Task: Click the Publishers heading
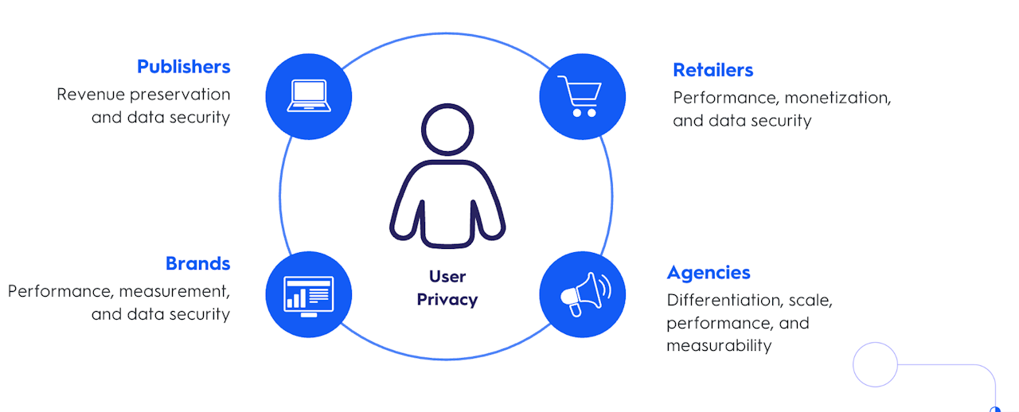pos(183,66)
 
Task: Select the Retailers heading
pos(713,70)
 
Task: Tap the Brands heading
pos(197,263)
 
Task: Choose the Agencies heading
pos(708,273)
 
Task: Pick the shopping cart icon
pos(581,96)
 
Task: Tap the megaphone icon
pos(581,294)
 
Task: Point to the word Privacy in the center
pos(447,300)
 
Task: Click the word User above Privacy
pos(447,276)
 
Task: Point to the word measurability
pos(719,346)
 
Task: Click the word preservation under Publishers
pos(180,95)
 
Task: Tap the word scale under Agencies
pos(810,301)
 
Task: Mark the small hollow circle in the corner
pos(875,365)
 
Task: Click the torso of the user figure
pos(447,203)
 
